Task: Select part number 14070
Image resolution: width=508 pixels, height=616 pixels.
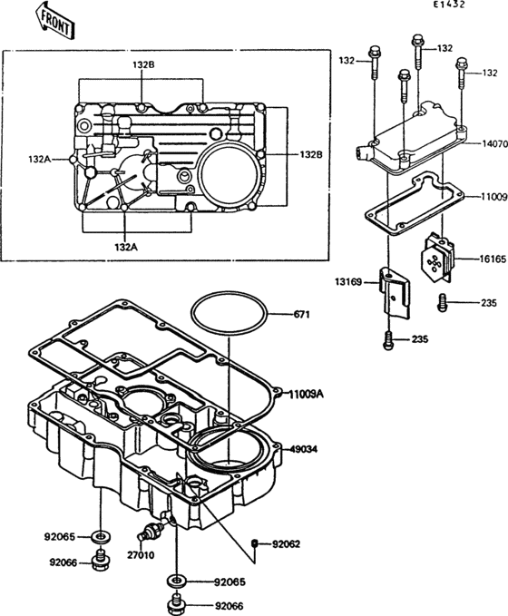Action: click(x=493, y=143)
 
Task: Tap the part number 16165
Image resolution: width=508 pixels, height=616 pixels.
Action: click(x=493, y=259)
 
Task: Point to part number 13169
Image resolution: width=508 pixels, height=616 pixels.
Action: click(x=349, y=283)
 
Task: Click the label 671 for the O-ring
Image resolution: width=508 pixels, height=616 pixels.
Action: click(x=302, y=315)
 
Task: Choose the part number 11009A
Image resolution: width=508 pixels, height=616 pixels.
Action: click(x=308, y=394)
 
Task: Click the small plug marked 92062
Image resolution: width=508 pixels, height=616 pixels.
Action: click(x=255, y=543)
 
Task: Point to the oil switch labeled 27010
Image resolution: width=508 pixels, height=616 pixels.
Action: click(x=153, y=529)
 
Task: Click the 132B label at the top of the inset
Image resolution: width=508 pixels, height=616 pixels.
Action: click(x=143, y=65)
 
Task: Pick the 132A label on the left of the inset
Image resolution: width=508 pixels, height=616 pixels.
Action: click(x=39, y=159)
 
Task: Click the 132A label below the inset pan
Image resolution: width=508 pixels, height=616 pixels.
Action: click(x=125, y=247)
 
